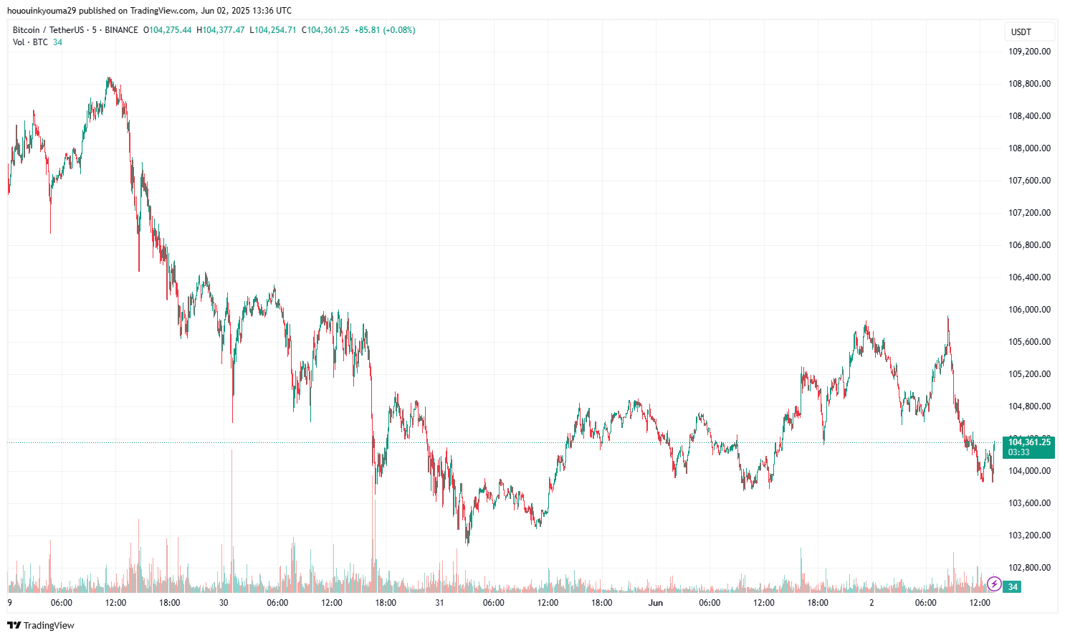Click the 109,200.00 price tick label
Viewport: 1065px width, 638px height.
(1029, 52)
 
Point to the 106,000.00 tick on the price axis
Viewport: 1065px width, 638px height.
(1029, 310)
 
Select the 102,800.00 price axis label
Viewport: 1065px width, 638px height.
(1029, 568)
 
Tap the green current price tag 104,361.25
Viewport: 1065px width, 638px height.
(1028, 442)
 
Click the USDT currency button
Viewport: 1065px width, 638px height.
(1021, 32)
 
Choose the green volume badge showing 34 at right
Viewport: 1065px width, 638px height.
(1013, 587)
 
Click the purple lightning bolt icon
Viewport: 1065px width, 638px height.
(994, 584)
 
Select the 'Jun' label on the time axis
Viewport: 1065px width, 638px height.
(656, 603)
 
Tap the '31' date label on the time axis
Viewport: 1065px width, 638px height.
(439, 603)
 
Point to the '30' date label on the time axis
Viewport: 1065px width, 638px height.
(224, 603)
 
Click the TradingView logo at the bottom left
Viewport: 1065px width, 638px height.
(41, 625)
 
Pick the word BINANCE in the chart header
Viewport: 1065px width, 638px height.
(121, 30)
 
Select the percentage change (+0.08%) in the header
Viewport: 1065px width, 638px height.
(399, 30)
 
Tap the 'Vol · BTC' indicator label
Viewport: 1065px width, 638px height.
(30, 42)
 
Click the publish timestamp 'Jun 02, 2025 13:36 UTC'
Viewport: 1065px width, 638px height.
(246, 11)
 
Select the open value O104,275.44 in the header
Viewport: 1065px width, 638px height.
(168, 30)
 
